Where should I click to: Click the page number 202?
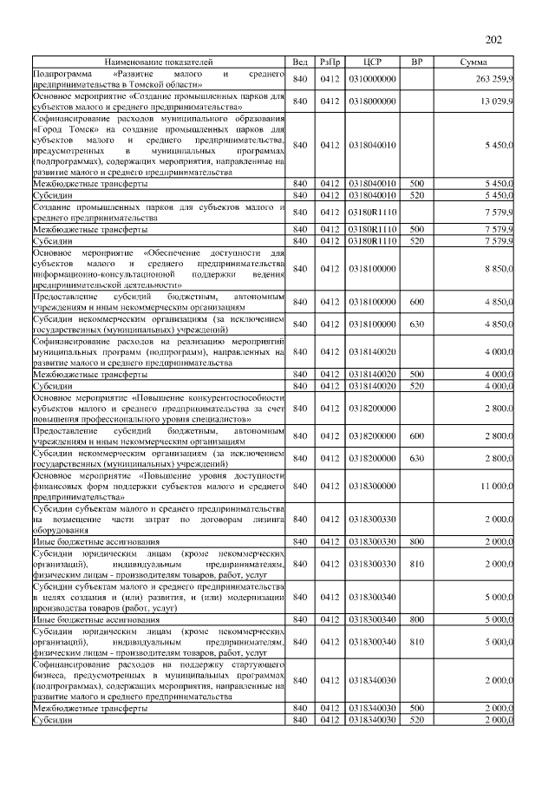click(x=494, y=40)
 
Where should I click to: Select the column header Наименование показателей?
click(x=158, y=63)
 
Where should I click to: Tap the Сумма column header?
click(x=473, y=63)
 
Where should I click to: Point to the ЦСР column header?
click(x=372, y=63)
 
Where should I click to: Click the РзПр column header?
click(x=330, y=63)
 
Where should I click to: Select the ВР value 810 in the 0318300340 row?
click(x=416, y=642)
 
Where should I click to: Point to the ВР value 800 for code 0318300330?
click(x=416, y=541)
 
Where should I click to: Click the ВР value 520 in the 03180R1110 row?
click(x=416, y=239)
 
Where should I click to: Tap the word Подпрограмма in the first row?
click(x=62, y=75)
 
